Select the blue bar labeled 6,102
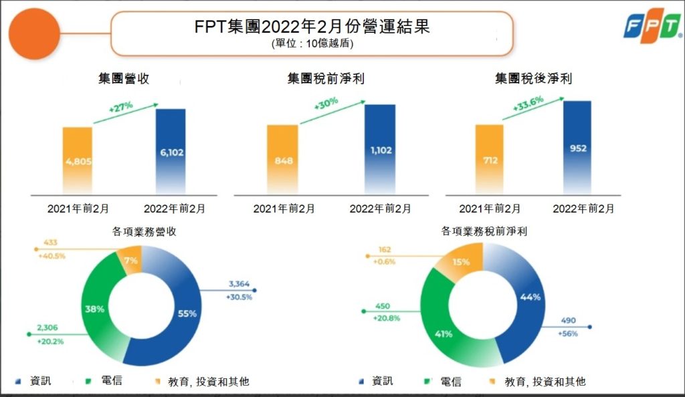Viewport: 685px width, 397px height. click(171, 152)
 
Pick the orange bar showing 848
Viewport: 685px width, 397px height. click(282, 160)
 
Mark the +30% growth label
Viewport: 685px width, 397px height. click(326, 105)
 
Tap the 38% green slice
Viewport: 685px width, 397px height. click(94, 309)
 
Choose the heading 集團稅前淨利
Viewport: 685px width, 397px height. click(326, 79)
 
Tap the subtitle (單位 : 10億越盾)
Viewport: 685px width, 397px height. click(312, 43)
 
